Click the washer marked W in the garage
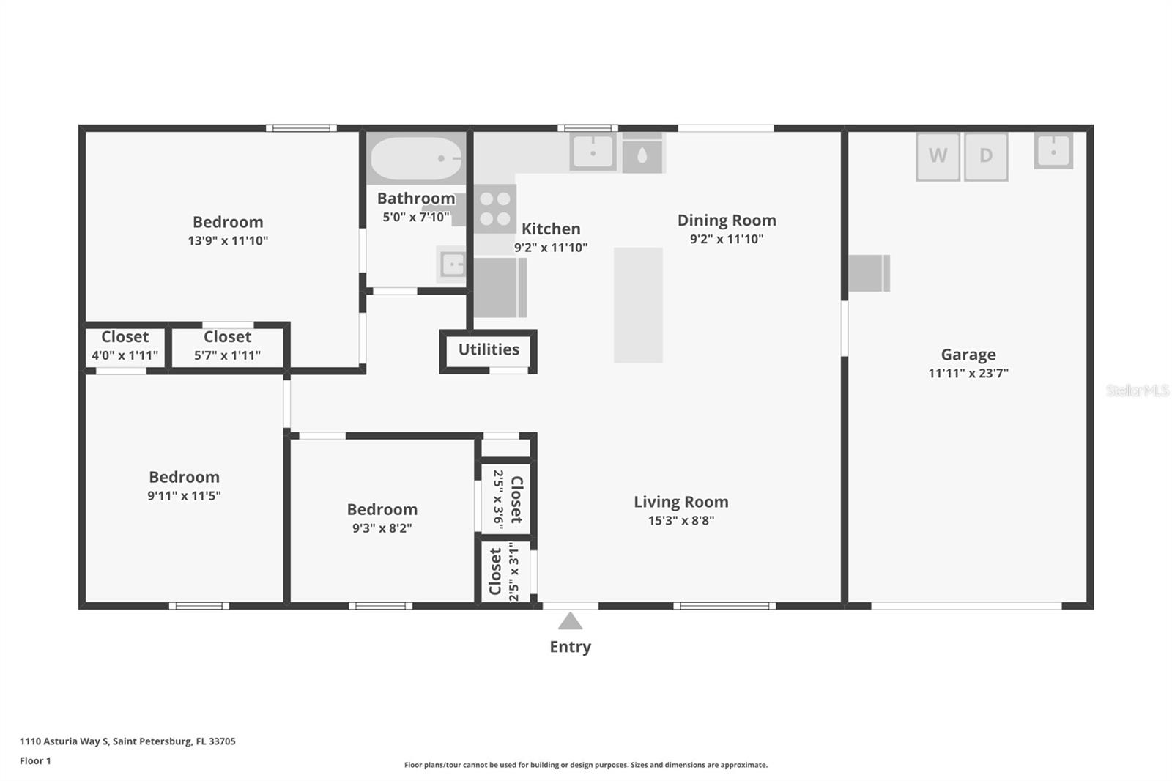(x=938, y=157)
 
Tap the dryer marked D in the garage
(x=986, y=157)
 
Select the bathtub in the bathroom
(x=417, y=158)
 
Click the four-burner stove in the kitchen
(x=495, y=208)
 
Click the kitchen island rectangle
(x=638, y=306)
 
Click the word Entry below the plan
(x=571, y=647)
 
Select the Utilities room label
(x=489, y=349)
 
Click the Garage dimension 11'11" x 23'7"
(x=968, y=373)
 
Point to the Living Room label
(x=681, y=501)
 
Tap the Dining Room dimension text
(x=727, y=239)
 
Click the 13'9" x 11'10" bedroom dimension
(x=228, y=241)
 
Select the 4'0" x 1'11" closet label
(x=125, y=355)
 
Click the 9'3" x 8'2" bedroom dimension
(x=382, y=528)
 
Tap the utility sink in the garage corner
(x=1053, y=151)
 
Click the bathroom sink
(x=451, y=264)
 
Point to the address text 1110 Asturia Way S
(x=64, y=741)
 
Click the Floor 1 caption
(x=36, y=761)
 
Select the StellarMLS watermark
(x=1138, y=390)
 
